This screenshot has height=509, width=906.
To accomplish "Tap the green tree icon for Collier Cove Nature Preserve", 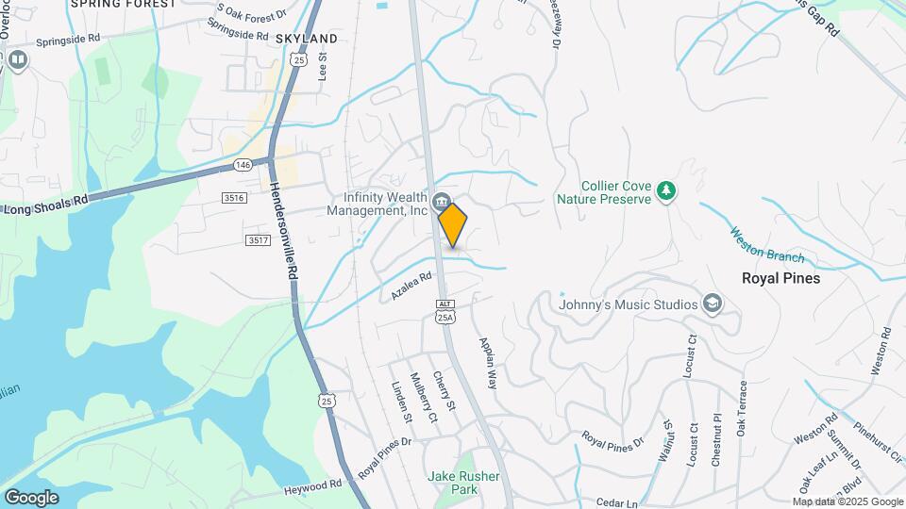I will click(x=667, y=191).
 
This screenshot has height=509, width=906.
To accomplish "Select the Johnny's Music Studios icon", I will click(x=713, y=304).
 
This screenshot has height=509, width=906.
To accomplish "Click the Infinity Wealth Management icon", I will click(x=440, y=202).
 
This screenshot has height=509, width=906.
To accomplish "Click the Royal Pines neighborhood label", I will click(x=780, y=279).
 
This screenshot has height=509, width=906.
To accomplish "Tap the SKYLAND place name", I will click(x=306, y=39).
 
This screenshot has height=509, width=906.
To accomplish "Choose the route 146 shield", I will click(x=243, y=165).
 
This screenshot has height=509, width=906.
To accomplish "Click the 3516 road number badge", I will click(x=234, y=197).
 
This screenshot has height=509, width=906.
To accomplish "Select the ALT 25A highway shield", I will click(x=445, y=311).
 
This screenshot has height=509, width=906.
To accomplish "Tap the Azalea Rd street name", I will click(x=411, y=287).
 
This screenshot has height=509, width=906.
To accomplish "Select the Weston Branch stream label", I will click(x=766, y=245).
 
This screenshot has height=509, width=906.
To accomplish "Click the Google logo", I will click(x=31, y=497).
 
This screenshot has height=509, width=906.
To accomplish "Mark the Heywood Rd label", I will click(x=311, y=487).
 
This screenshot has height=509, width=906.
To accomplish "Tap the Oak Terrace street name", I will click(x=743, y=409).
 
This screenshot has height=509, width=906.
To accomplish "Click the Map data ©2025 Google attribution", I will click(x=847, y=501).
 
